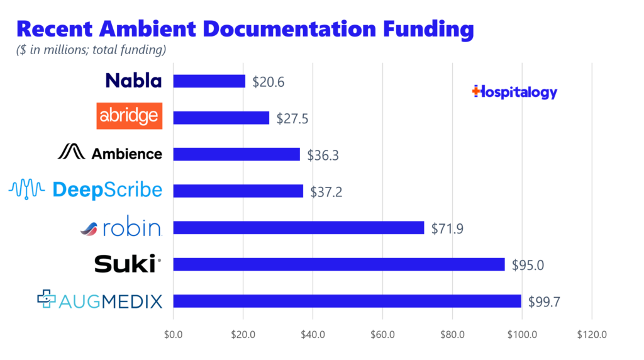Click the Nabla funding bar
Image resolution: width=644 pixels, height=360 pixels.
pyautogui.click(x=209, y=81)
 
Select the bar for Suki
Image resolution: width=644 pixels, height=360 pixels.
pyautogui.click(x=338, y=264)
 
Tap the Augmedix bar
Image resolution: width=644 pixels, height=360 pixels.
pyautogui.click(x=347, y=301)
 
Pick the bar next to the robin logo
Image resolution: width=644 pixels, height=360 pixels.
pyautogui.click(x=298, y=228)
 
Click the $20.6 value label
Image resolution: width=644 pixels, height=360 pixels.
pyautogui.click(x=265, y=82)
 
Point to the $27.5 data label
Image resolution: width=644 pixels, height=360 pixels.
pyautogui.click(x=289, y=118)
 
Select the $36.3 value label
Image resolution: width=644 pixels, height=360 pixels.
pyautogui.click(x=323, y=155)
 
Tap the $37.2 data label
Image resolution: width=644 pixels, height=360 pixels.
pyautogui.click(x=326, y=191)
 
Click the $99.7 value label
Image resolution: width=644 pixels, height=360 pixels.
pyautogui.click(x=544, y=301)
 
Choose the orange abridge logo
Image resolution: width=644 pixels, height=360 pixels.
pyautogui.click(x=129, y=116)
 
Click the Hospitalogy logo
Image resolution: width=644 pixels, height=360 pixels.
pyautogui.click(x=514, y=92)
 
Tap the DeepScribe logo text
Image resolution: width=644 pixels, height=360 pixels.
pyautogui.click(x=107, y=190)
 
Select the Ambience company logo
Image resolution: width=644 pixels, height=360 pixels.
pyautogui.click(x=110, y=153)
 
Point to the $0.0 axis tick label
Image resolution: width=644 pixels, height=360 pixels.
pyautogui.click(x=173, y=335)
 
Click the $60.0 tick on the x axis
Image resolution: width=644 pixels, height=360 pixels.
pyautogui.click(x=382, y=335)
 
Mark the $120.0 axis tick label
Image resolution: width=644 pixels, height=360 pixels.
pyautogui.click(x=591, y=335)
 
